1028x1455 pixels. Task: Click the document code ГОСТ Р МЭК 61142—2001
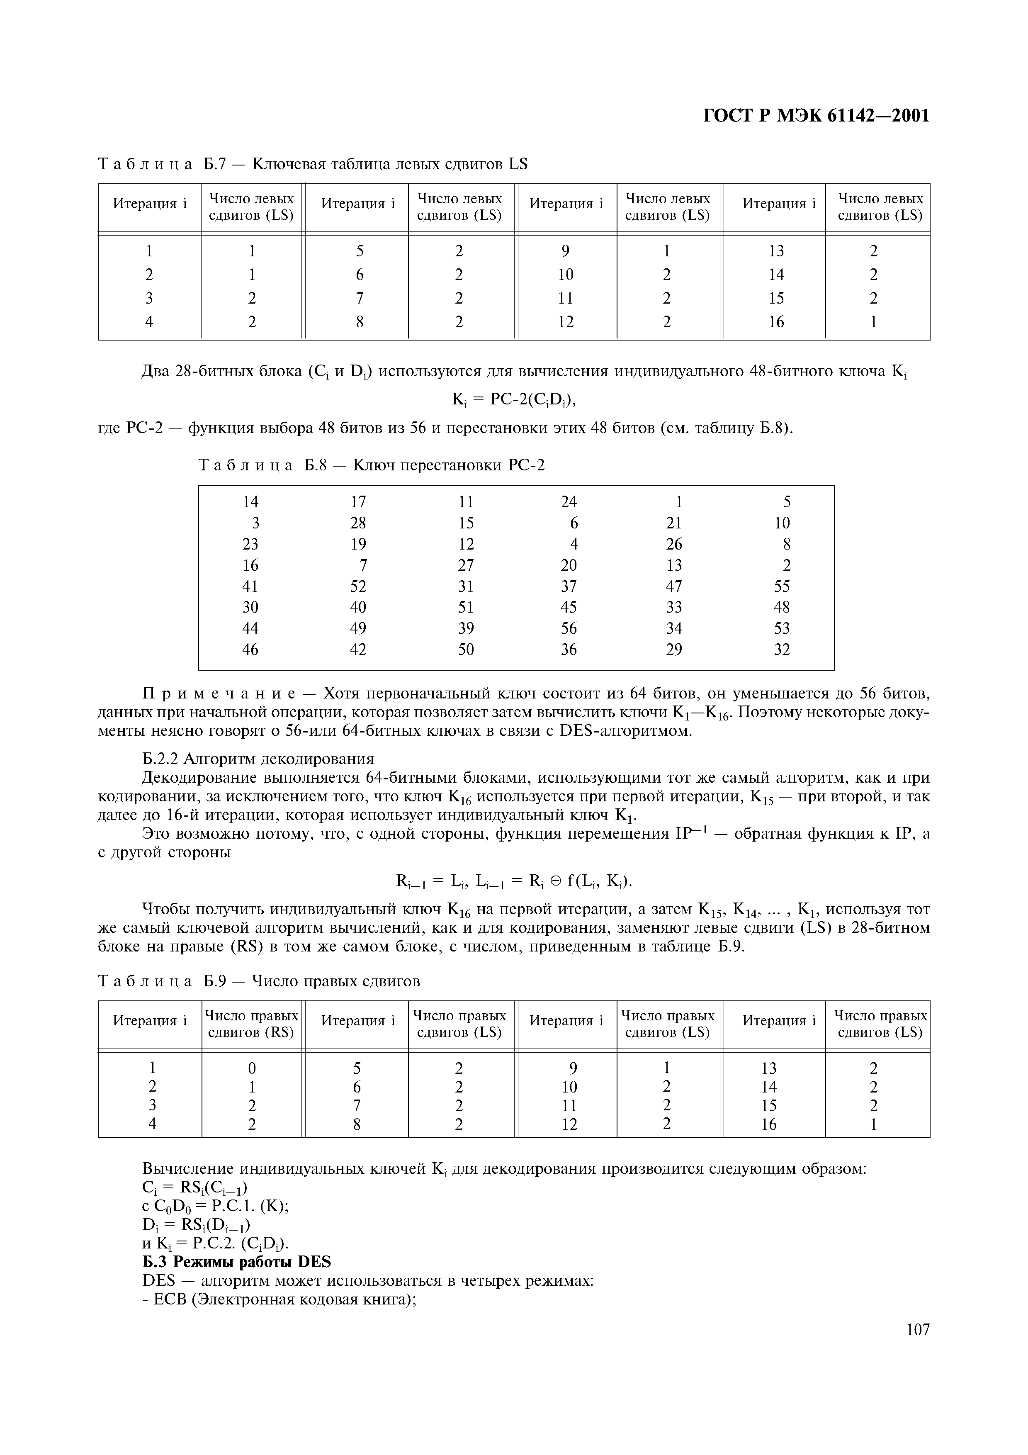[x=817, y=116]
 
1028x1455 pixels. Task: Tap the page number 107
[x=917, y=1347]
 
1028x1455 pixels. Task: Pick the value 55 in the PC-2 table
[x=782, y=586]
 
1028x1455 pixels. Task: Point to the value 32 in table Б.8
[x=782, y=650]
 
